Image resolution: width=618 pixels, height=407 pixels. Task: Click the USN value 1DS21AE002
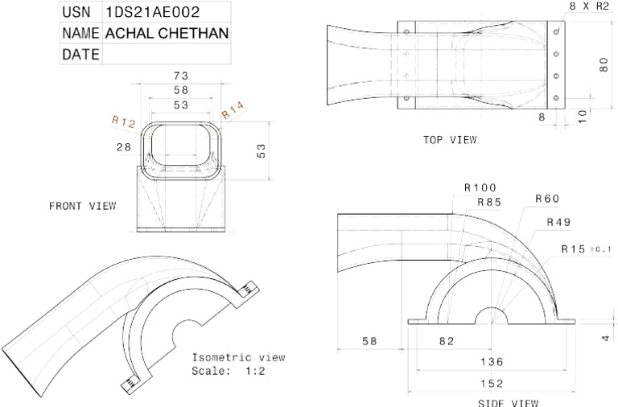[x=153, y=12]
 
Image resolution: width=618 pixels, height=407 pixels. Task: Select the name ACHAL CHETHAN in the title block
[x=167, y=33]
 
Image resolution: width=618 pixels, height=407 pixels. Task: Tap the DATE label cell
[x=80, y=54]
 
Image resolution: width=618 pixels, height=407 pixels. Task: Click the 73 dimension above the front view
[x=181, y=76]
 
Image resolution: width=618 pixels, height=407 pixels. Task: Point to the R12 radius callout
[x=124, y=121]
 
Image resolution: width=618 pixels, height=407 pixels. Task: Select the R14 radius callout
[x=233, y=110]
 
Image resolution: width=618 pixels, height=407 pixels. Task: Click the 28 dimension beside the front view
[x=124, y=147]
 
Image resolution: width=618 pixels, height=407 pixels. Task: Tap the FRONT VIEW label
[x=83, y=206]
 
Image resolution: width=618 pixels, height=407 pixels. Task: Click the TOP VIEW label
[x=450, y=140]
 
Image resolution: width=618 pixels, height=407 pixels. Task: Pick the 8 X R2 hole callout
[x=589, y=6]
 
